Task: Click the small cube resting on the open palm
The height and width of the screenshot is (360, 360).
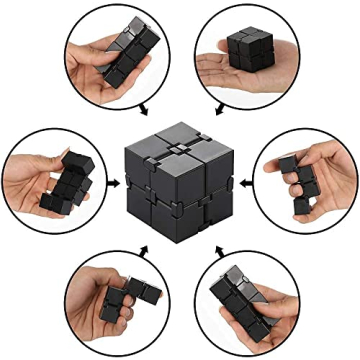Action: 245,44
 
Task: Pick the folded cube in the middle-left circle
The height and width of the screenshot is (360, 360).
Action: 70,185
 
